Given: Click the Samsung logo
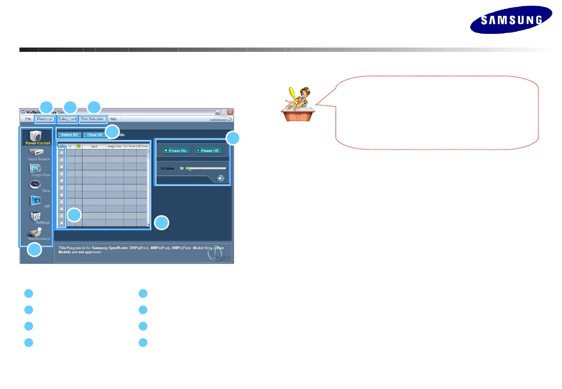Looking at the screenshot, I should (511, 20).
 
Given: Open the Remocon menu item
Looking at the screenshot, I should (45, 119).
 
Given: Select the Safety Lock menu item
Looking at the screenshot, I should (68, 119).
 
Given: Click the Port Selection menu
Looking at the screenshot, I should (92, 119).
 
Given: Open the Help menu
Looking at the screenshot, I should (113, 119).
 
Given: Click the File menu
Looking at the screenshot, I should (28, 119).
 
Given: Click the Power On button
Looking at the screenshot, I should (175, 151).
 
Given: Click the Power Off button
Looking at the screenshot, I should (208, 151).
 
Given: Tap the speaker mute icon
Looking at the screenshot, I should (221, 178).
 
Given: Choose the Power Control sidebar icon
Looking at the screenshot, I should (36, 138).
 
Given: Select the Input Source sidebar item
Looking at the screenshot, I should (37, 154).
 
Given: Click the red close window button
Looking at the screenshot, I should (230, 112).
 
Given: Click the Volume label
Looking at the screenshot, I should (167, 168).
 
